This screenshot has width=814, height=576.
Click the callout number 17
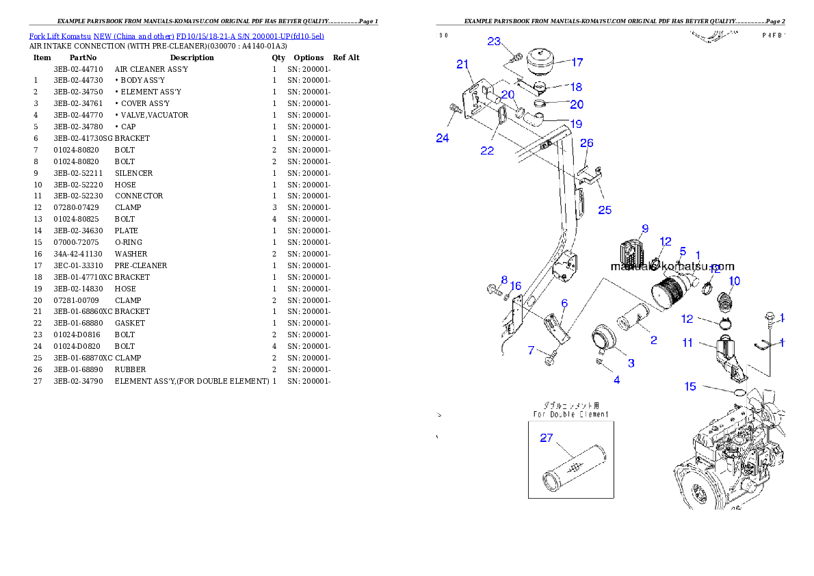[x=577, y=62]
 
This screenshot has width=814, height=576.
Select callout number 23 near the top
[x=495, y=41]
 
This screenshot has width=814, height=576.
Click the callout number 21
[x=463, y=64]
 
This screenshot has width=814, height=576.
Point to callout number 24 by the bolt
[x=443, y=138]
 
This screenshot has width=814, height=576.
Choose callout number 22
[x=487, y=150]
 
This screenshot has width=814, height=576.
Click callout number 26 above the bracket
[x=587, y=143]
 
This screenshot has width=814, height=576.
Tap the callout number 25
[x=605, y=210]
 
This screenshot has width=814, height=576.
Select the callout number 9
[x=644, y=228]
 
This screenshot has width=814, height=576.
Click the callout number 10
[x=734, y=280]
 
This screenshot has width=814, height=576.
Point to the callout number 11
[x=687, y=342]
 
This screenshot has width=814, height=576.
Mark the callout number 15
[x=690, y=387]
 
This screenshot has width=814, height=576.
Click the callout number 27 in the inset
[x=546, y=438]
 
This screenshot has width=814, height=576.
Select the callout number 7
[x=531, y=351]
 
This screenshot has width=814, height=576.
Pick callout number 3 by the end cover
[x=631, y=363]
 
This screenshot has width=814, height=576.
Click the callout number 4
[x=616, y=380]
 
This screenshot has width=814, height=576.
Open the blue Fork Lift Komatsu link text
[x=176, y=36]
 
